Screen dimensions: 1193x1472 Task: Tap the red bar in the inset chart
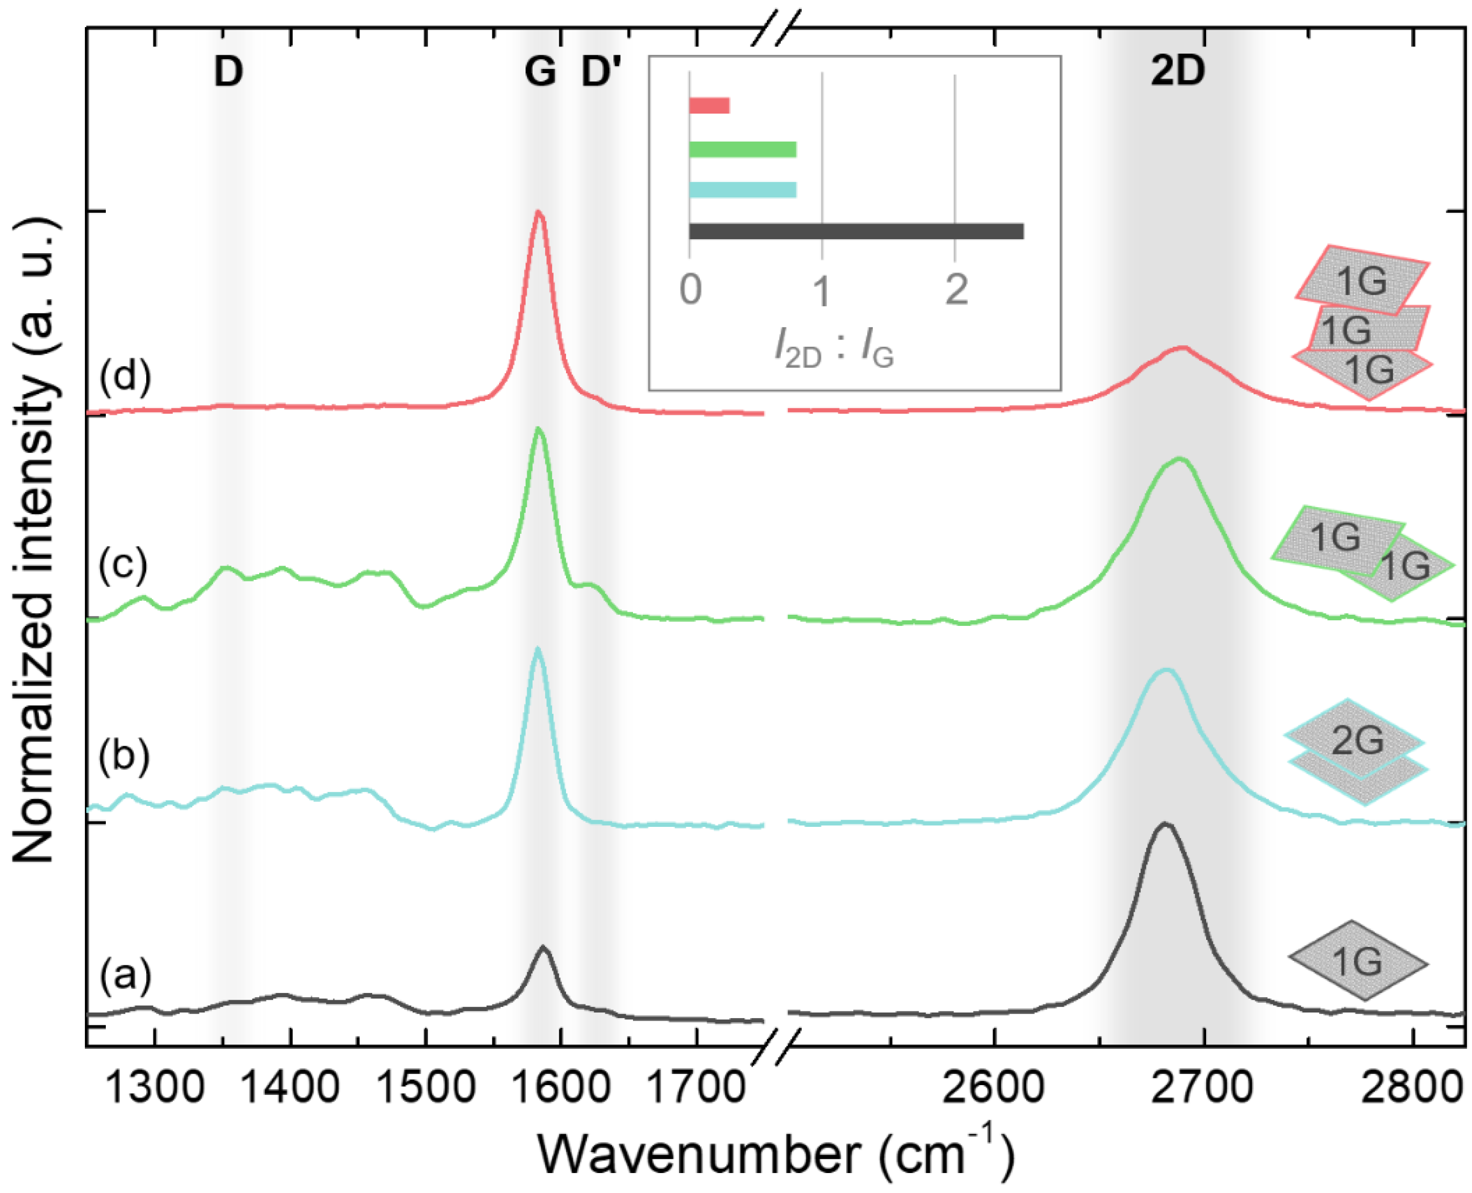(709, 106)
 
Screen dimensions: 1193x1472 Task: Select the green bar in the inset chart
(742, 149)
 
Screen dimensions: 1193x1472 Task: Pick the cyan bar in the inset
(742, 190)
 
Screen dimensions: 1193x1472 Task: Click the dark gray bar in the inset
(855, 232)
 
